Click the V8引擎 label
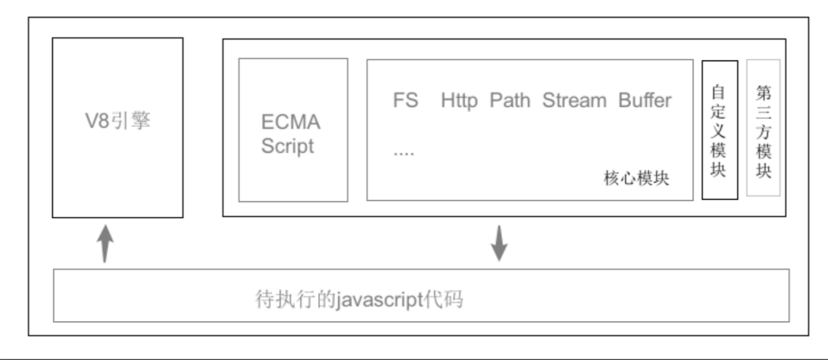[x=117, y=121]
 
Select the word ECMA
[x=290, y=122]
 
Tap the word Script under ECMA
[x=287, y=146]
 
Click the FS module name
[x=406, y=100]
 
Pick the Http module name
[x=459, y=100]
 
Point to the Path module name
[x=510, y=100]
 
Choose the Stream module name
[x=574, y=100]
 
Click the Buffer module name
[x=645, y=100]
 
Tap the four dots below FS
[x=403, y=153]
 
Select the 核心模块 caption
[x=636, y=178]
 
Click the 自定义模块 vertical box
[x=719, y=129]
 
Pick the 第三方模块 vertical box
[x=763, y=128]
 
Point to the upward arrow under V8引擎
[x=106, y=243]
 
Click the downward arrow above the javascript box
[x=500, y=243]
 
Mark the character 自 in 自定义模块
[x=719, y=93]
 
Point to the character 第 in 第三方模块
[x=763, y=93]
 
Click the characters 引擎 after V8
[x=131, y=121]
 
